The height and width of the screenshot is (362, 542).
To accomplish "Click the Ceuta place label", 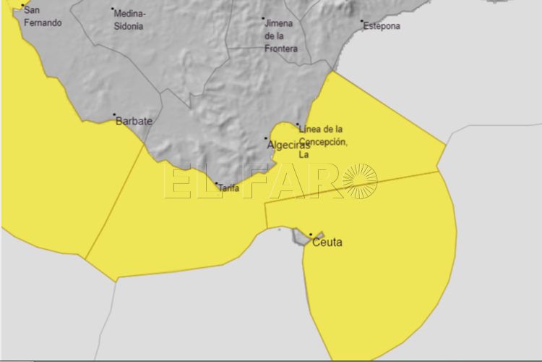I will pos(327,243).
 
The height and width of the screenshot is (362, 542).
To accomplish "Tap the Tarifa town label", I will pos(228,188).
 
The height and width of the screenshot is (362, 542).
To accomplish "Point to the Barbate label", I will pos(134,122).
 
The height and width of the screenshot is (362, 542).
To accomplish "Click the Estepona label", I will pos(382,26).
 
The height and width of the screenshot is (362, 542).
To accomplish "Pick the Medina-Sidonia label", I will pos(130,20).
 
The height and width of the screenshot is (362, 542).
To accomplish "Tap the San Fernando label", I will pos(43,17).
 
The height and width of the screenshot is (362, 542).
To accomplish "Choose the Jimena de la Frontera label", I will pos(280,35).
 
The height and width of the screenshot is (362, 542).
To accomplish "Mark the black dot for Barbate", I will pos(114,115).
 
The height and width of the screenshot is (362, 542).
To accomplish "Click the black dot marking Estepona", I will pos(363,21).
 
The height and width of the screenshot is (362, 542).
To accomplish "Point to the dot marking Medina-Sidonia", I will pos(113,9).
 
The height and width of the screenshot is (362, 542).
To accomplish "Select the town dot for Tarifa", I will pos(216,184).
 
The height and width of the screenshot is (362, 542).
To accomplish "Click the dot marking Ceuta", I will pos(311,234).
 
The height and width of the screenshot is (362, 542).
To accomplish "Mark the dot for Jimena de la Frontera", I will pos(263,18).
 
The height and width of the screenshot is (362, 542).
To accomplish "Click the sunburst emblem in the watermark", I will pos(359,181).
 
